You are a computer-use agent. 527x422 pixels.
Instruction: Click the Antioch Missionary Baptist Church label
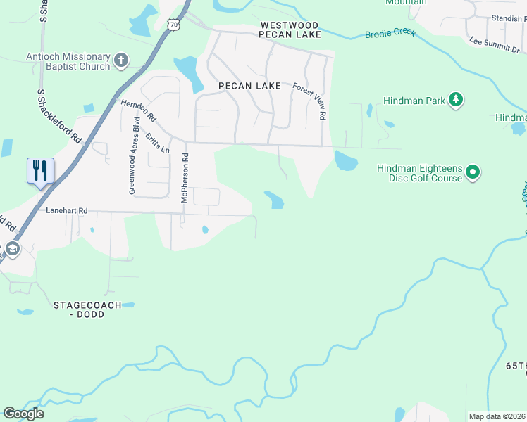[68, 61]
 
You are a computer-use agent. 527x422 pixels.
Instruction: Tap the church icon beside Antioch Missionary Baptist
[121, 60]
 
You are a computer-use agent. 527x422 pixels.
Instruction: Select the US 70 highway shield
[175, 25]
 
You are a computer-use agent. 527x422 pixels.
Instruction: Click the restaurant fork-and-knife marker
[39, 171]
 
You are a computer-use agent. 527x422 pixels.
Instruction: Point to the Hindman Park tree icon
[456, 100]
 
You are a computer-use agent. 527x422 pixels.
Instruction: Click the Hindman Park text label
[414, 101]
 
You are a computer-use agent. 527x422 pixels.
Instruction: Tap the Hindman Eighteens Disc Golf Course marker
[473, 172]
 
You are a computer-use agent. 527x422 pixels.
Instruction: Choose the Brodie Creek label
[390, 33]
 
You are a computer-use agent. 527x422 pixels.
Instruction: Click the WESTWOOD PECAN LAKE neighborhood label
[290, 30]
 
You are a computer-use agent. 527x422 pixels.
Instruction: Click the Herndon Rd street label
[138, 112]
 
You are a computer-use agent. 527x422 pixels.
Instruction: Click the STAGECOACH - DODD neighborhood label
[87, 309]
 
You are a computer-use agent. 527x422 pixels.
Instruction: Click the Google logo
[24, 413]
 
